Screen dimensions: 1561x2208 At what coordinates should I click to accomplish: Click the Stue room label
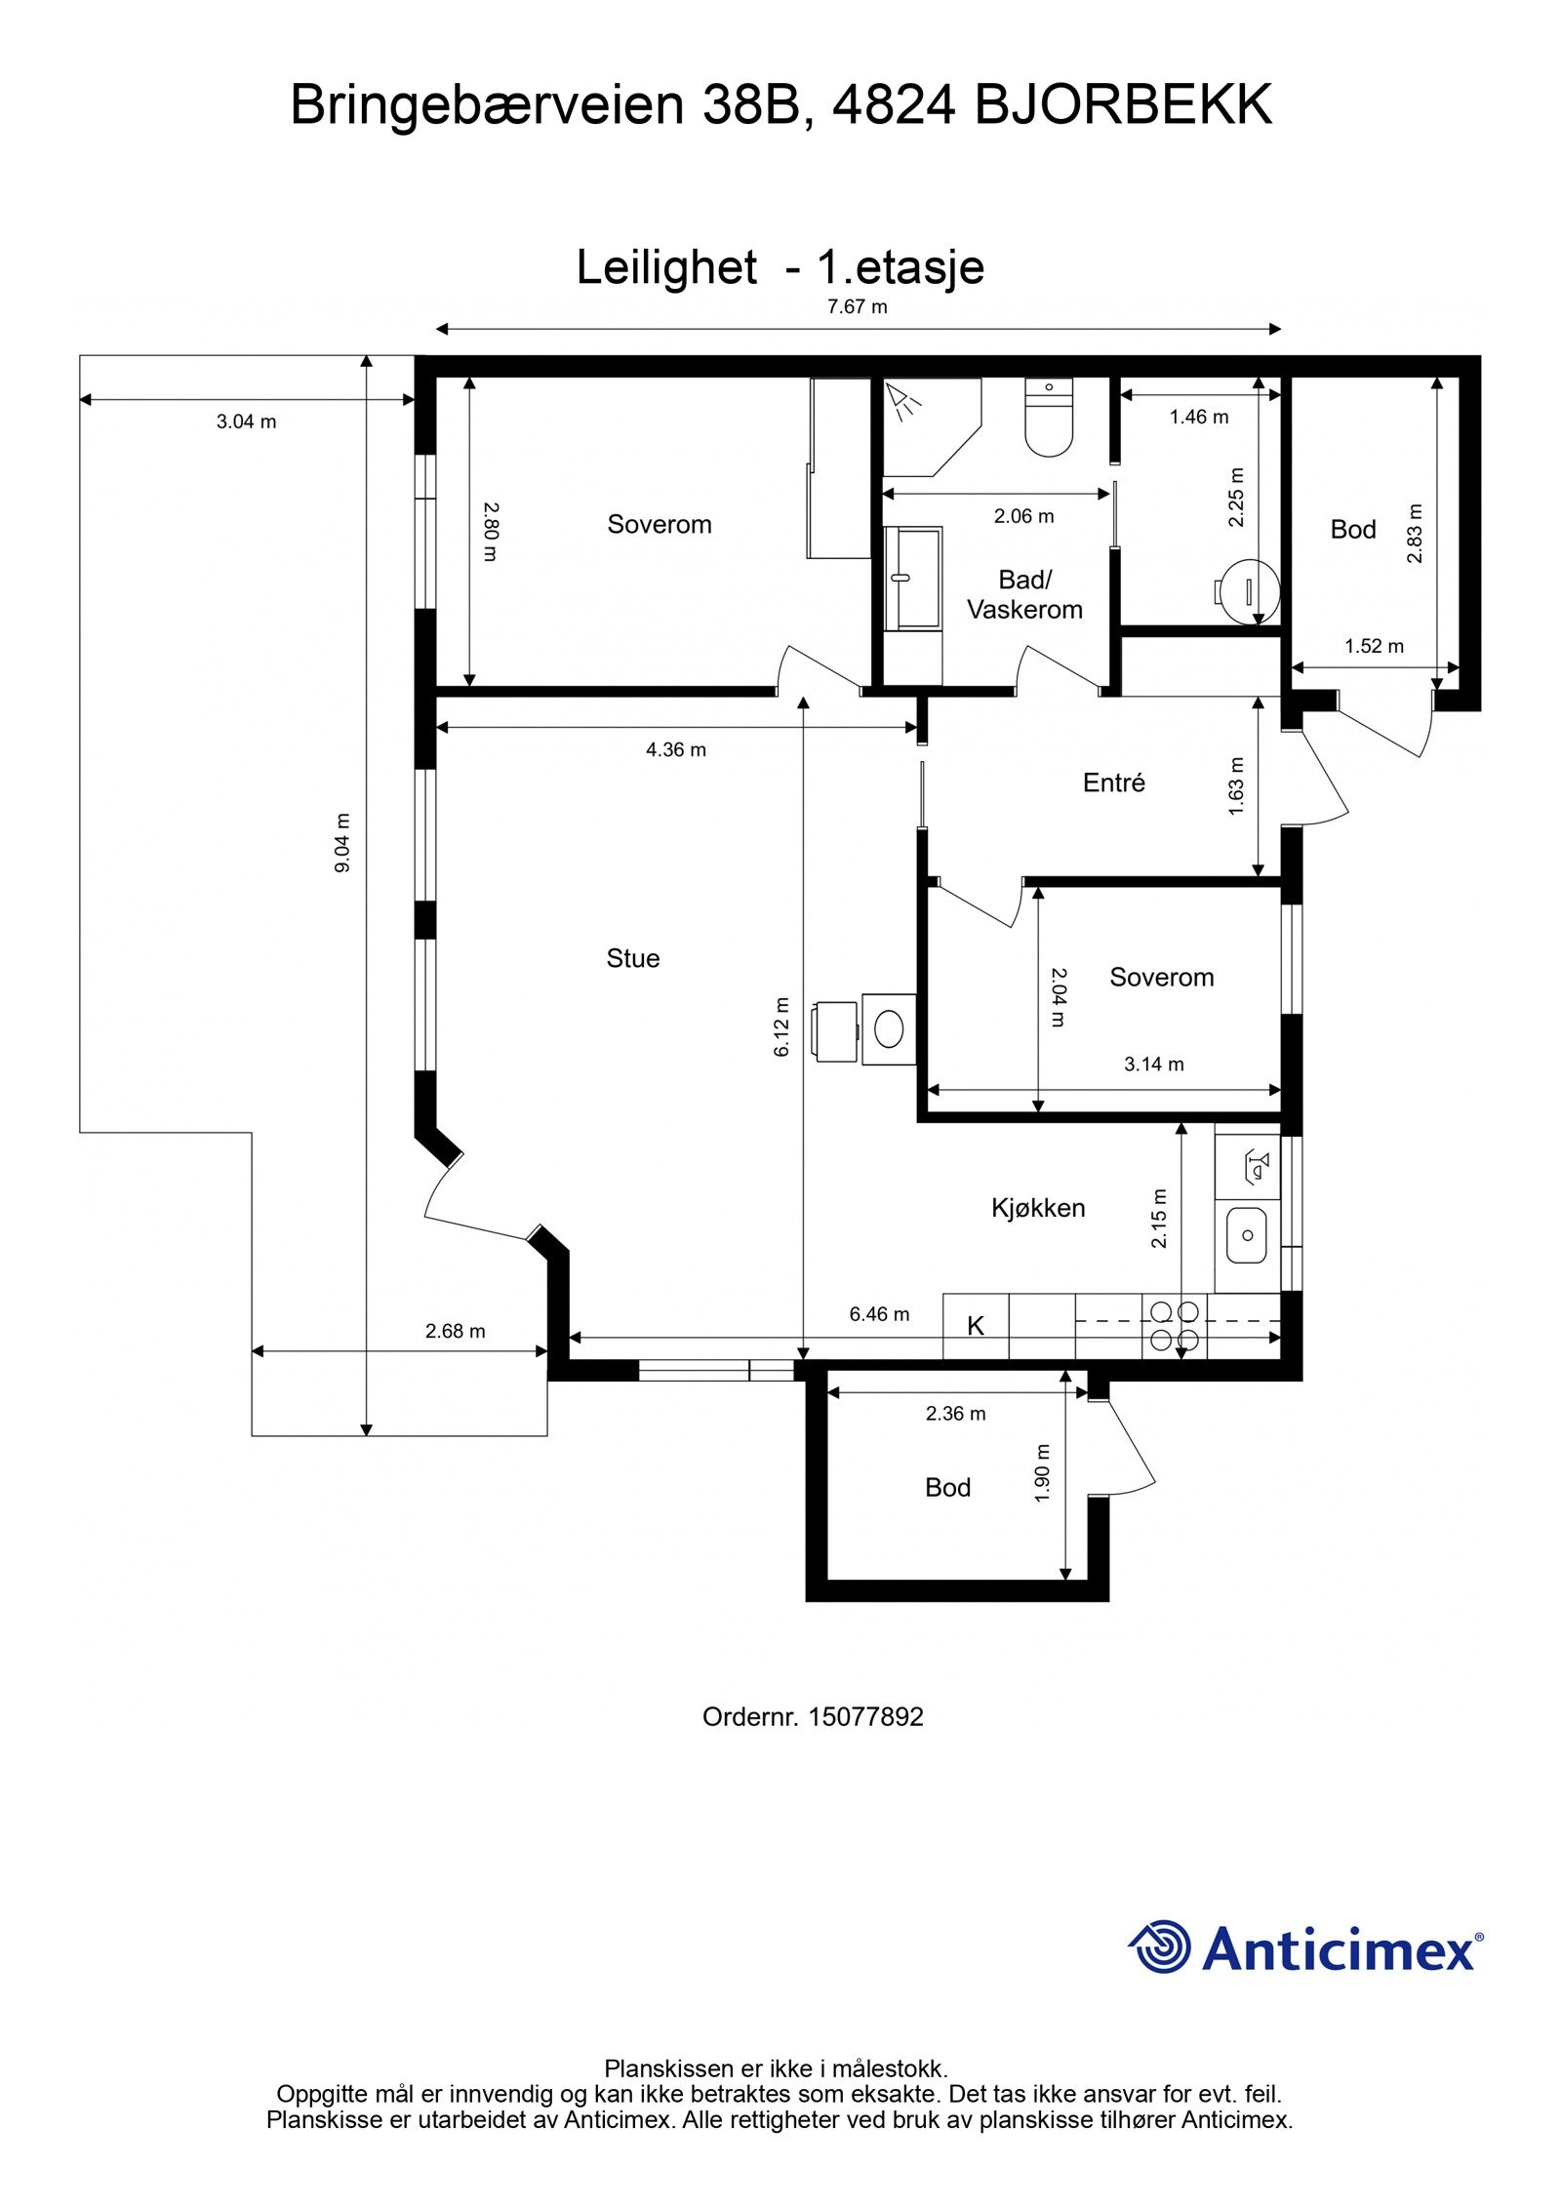632,958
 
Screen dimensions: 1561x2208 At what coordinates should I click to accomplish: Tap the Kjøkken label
1038,1208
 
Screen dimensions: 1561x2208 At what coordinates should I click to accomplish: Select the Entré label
1113,783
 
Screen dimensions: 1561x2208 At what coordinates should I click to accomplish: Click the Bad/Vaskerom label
1024,594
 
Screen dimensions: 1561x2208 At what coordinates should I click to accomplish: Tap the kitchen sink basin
1247,1234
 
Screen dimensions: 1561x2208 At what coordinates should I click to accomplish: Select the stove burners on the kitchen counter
1175,1325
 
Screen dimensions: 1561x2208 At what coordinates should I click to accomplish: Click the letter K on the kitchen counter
976,1326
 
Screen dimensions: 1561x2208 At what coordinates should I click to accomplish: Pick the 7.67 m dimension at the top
858,306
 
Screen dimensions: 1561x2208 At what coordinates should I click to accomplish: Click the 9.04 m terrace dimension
342,842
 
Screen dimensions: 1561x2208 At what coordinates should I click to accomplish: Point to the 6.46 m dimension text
879,1314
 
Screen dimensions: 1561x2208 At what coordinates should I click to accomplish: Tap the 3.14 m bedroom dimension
1154,1064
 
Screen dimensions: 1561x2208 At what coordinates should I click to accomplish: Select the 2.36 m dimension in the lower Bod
956,1414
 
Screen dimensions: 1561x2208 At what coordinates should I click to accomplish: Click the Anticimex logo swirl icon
1160,1947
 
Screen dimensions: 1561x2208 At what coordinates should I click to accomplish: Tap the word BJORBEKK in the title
1124,104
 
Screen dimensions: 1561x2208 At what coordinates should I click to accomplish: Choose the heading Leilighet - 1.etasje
780,266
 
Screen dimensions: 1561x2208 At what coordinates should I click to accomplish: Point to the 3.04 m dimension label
247,422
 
